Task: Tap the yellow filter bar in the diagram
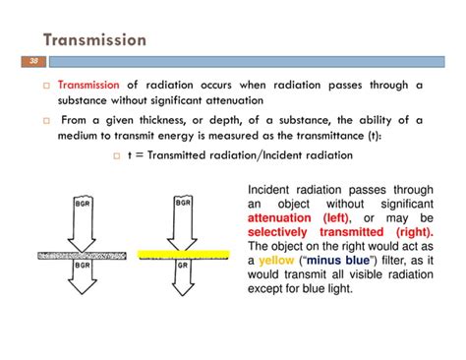[x=184, y=254]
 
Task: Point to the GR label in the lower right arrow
[x=182, y=265]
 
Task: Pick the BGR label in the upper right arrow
[x=182, y=203]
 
